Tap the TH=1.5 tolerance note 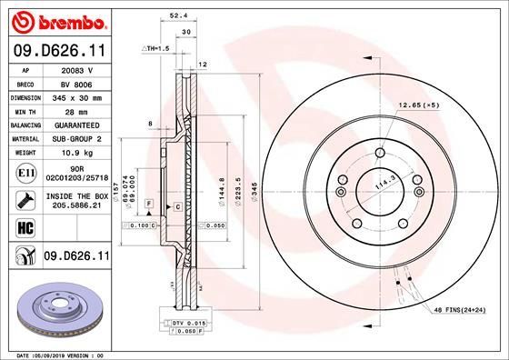[x=156, y=47]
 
